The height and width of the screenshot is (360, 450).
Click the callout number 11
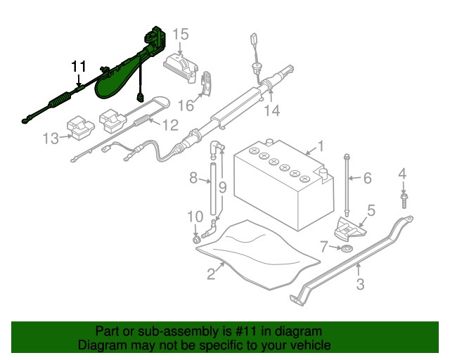point(78,67)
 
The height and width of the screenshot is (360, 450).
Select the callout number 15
point(181,34)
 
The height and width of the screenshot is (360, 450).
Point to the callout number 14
point(272,110)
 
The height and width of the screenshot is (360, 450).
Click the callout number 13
point(51,139)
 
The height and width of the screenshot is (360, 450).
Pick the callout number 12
point(171,126)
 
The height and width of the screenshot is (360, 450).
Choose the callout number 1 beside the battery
point(319,146)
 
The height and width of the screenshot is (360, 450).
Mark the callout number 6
point(367,179)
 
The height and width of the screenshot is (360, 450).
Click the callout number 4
point(402,174)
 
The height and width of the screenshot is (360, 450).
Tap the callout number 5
point(371,209)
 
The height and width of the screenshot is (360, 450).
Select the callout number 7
point(325,247)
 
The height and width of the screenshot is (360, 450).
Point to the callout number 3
point(359,285)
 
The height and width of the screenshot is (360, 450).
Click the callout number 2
point(210,274)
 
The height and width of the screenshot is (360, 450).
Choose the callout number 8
point(194,179)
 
